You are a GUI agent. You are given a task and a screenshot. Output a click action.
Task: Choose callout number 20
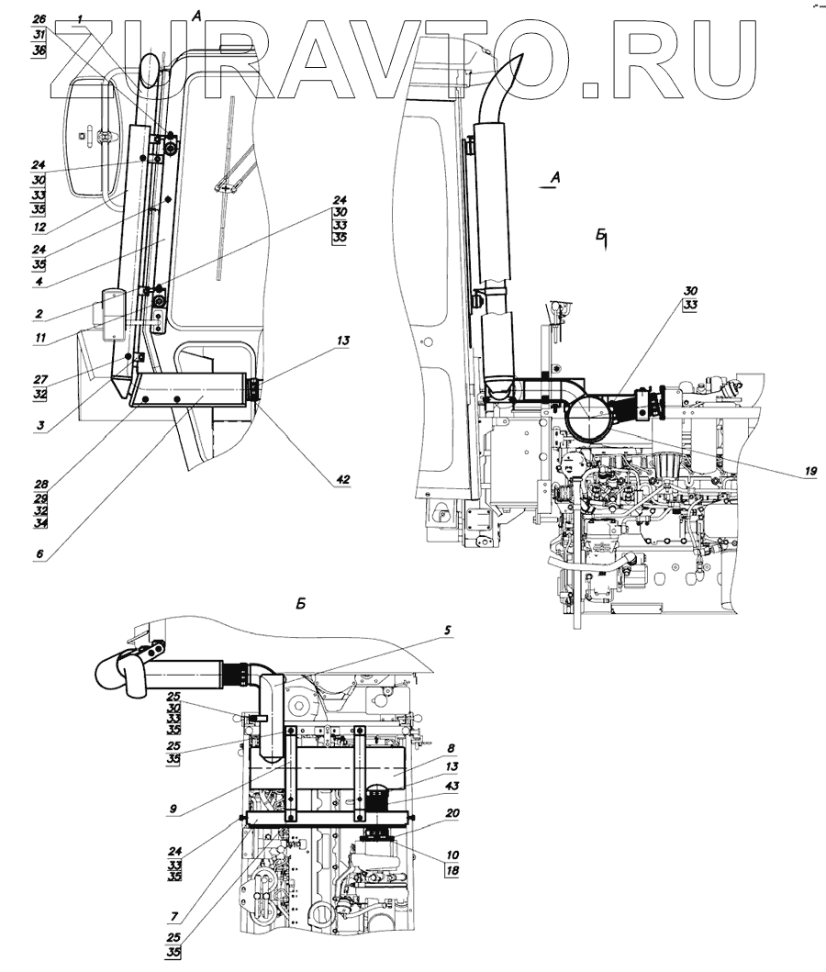(x=452, y=812)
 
